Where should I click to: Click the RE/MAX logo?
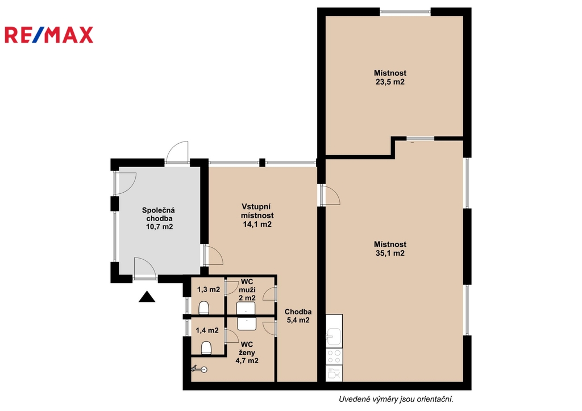[x=49, y=35]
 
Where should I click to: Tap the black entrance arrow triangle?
[x=147, y=297]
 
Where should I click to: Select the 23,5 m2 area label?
[x=390, y=82]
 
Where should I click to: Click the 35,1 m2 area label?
[x=390, y=253]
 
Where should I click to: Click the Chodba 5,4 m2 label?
[x=298, y=316]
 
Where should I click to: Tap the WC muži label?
[x=247, y=285]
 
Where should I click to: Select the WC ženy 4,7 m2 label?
[x=247, y=352]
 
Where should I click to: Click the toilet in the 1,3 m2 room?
[x=204, y=308]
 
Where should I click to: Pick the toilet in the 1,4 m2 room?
[x=206, y=348]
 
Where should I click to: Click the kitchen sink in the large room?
[x=334, y=336]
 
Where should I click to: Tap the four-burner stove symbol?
[x=334, y=356]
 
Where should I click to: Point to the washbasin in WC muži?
[x=246, y=308]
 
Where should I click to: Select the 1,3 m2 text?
[x=209, y=289]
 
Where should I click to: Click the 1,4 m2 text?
[x=207, y=330]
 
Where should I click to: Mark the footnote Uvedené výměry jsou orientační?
[x=396, y=400]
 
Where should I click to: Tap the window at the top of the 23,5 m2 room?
[x=405, y=12]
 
